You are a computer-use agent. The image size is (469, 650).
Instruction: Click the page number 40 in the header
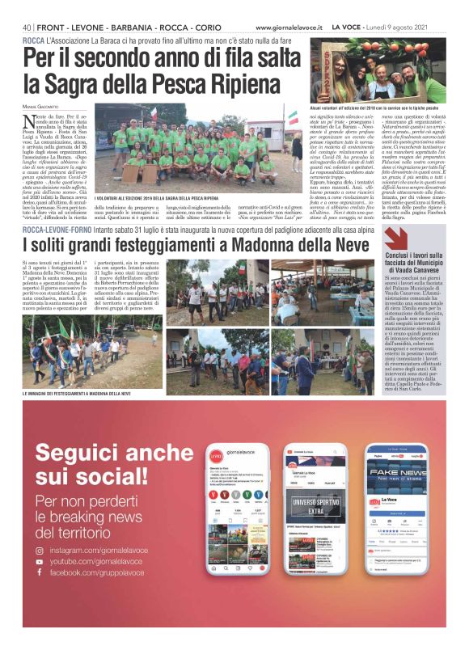click(x=27, y=27)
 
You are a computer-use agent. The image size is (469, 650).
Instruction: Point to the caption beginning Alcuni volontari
click(x=376, y=108)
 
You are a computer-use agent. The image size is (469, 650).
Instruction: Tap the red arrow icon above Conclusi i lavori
click(x=395, y=238)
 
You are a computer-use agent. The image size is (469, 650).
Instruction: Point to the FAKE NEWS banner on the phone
click(x=397, y=474)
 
